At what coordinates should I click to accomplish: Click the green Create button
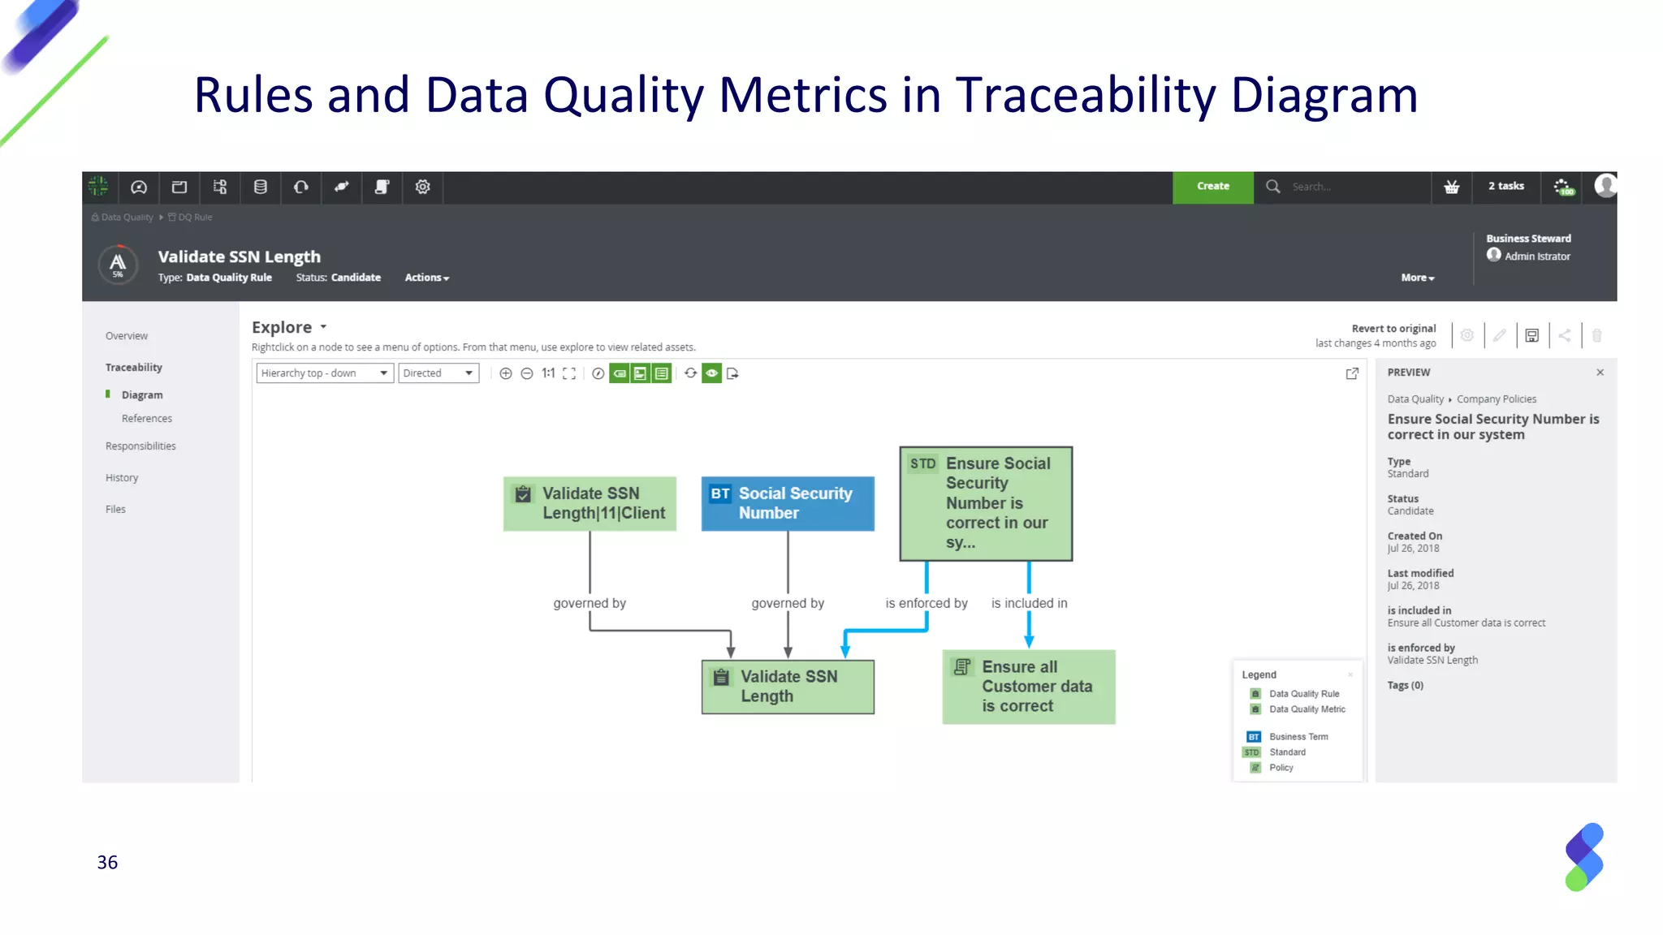(1212, 187)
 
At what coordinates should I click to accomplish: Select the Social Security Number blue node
(787, 503)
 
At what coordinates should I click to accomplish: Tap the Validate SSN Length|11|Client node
(590, 503)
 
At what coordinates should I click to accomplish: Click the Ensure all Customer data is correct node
(1028, 687)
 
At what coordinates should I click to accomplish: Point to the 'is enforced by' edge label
(926, 603)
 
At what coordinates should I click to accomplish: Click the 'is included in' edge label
(1029, 603)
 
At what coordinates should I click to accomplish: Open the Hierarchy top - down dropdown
(325, 373)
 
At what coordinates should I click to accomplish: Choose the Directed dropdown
(438, 373)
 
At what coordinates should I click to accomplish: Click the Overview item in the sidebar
(127, 336)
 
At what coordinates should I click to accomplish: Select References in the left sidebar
(147, 419)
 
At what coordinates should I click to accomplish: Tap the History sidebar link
(122, 478)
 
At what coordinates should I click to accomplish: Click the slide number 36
(107, 862)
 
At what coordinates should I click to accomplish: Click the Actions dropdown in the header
(426, 278)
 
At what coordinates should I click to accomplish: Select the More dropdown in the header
(1417, 278)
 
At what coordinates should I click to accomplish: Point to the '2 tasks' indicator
(1505, 187)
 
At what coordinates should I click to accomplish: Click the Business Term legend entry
(1298, 737)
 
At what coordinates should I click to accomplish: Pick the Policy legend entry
(1281, 768)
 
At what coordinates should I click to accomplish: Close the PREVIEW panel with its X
(1600, 373)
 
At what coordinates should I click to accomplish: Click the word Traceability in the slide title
(1085, 95)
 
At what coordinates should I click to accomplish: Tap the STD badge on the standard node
(922, 464)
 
